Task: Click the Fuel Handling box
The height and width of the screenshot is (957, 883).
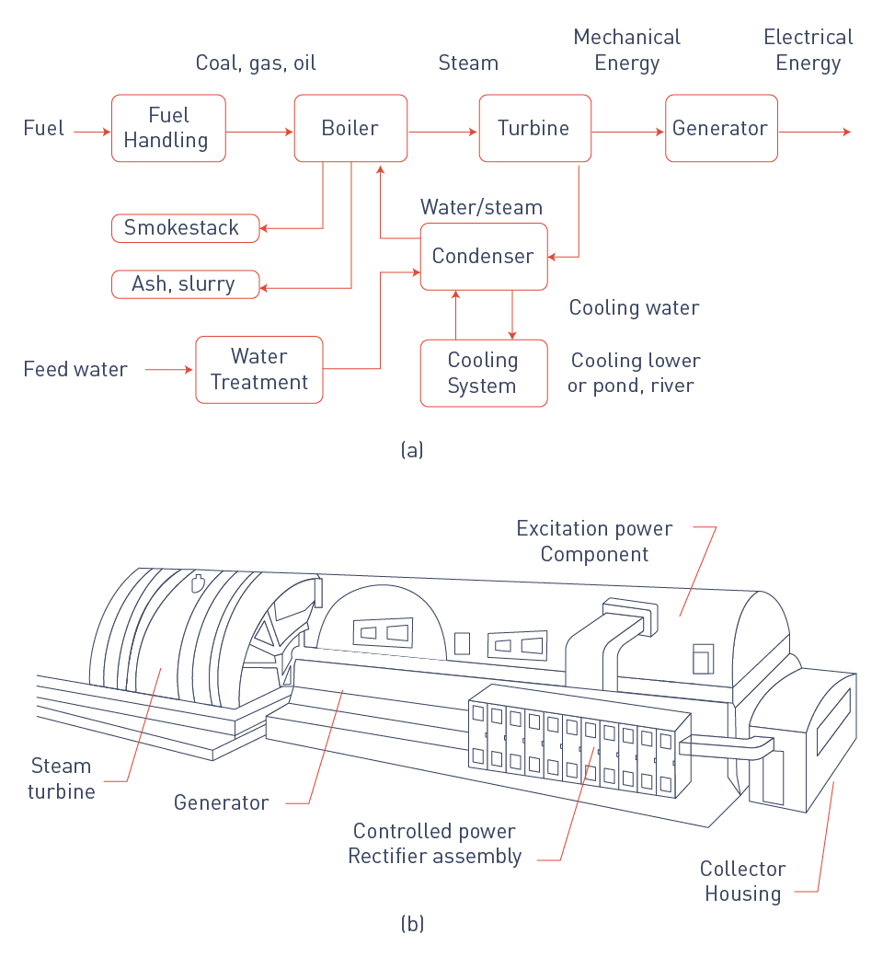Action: tap(168, 128)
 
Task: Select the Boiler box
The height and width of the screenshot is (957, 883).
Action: tap(350, 128)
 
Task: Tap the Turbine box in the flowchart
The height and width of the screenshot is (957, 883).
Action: tap(534, 128)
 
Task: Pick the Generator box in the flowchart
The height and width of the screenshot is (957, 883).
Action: tap(721, 128)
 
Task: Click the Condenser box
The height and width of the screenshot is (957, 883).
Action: tap(484, 256)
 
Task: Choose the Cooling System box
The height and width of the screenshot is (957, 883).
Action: tap(484, 373)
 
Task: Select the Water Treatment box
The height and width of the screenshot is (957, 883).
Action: tap(259, 369)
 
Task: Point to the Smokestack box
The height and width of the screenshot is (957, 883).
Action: tap(185, 228)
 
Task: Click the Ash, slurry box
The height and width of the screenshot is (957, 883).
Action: tap(185, 284)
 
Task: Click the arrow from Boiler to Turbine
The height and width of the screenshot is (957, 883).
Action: tap(442, 133)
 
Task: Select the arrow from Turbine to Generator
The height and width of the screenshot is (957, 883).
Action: tap(628, 133)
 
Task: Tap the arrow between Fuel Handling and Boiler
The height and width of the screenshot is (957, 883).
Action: tap(259, 133)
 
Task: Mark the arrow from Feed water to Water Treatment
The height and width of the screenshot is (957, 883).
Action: tap(170, 370)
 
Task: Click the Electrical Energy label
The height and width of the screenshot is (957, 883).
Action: tap(808, 50)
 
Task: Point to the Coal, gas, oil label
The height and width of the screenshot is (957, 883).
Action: tap(256, 63)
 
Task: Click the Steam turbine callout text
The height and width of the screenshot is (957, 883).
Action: tap(61, 778)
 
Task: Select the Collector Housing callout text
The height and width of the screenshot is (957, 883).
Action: tap(742, 881)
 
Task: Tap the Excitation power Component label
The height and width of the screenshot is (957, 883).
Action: tap(594, 541)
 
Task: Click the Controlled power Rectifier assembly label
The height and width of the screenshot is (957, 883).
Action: tap(434, 844)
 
